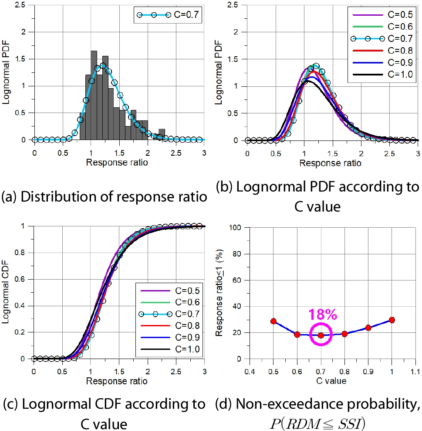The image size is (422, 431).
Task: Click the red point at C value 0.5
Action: tap(273, 321)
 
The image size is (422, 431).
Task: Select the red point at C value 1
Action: tap(392, 320)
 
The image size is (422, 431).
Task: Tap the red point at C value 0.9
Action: tap(368, 328)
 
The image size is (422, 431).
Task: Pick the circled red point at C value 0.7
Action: tap(321, 335)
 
